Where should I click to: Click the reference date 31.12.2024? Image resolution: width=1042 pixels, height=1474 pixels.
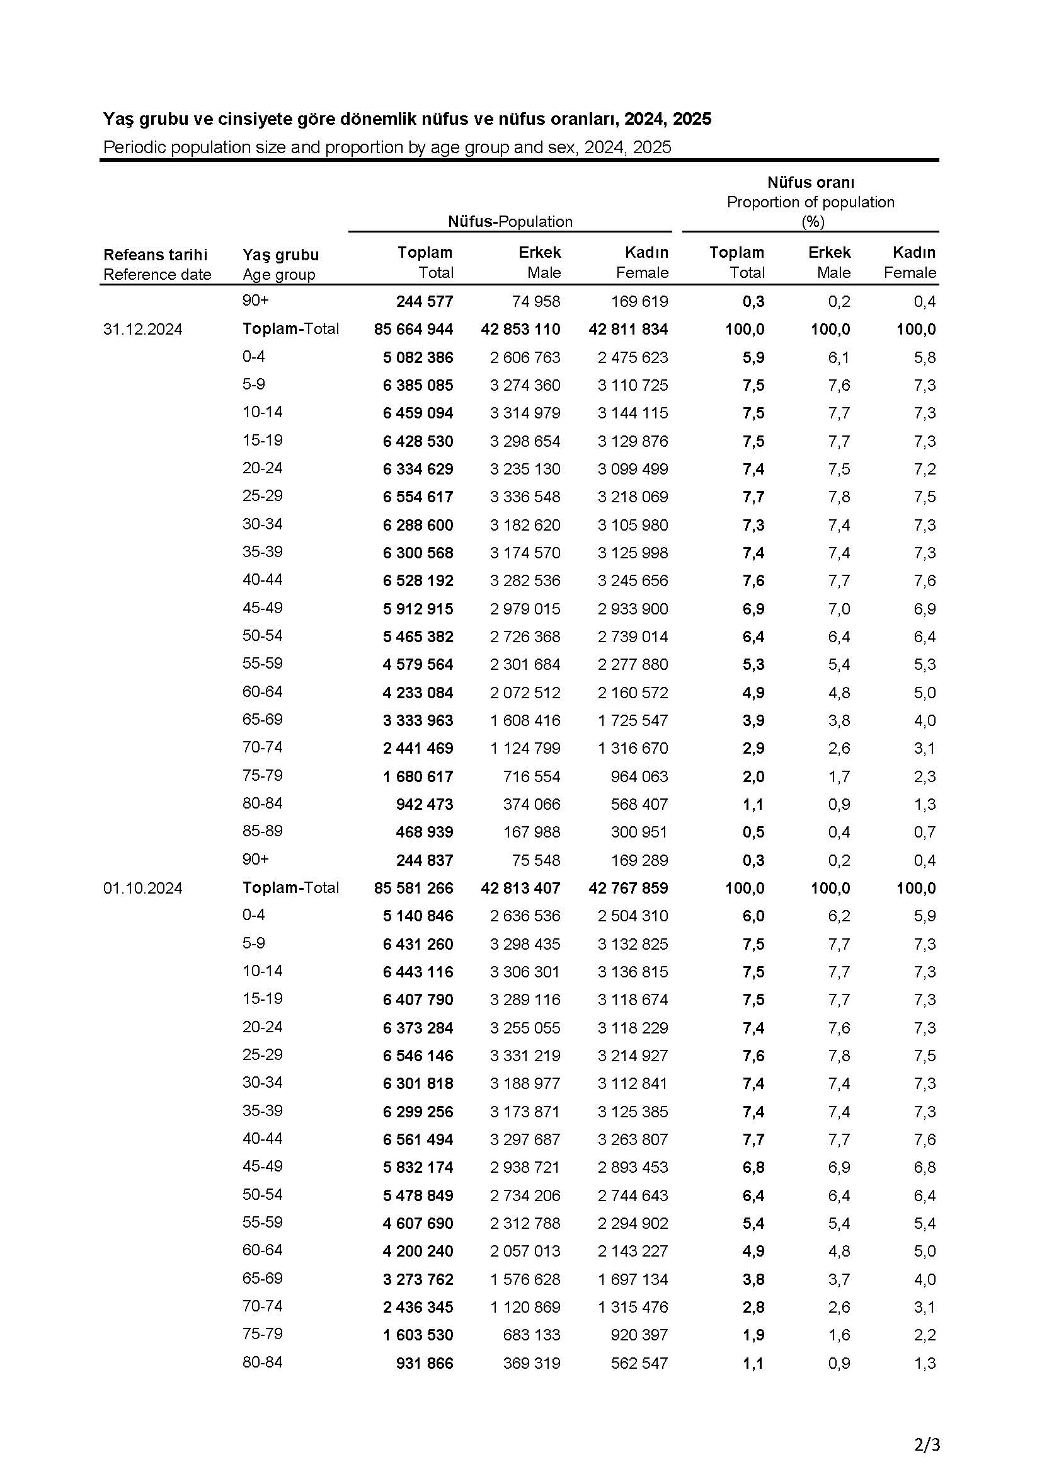pyautogui.click(x=142, y=330)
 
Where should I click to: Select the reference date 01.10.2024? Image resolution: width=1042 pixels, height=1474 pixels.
pyautogui.click(x=142, y=888)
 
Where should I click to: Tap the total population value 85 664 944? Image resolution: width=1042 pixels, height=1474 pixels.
pyautogui.click(x=413, y=330)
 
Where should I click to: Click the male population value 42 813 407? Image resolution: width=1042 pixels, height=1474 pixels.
pyautogui.click(x=520, y=888)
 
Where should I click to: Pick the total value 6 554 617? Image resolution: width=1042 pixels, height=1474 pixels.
pyautogui.click(x=418, y=497)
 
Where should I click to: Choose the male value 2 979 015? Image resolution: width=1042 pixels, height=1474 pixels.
pyautogui.click(x=525, y=609)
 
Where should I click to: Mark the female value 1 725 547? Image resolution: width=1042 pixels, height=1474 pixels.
pyautogui.click(x=633, y=720)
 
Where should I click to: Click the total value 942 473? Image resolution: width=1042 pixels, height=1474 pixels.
pyautogui.click(x=424, y=804)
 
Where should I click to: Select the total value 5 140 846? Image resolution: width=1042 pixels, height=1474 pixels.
pyautogui.click(x=418, y=916)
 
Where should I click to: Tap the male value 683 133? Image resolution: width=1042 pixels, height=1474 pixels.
pyautogui.click(x=531, y=1335)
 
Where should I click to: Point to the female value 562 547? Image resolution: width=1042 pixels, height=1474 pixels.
pyautogui.click(x=639, y=1363)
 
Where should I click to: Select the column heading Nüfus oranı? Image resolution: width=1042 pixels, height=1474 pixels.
pyautogui.click(x=810, y=182)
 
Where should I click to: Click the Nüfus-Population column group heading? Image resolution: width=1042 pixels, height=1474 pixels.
pyautogui.click(x=510, y=221)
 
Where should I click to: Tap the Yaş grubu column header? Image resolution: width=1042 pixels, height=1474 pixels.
pyautogui.click(x=280, y=255)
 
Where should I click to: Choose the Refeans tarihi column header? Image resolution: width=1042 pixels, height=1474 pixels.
pyautogui.click(x=155, y=255)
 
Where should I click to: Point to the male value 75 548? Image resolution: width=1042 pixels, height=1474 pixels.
pyautogui.click(x=535, y=860)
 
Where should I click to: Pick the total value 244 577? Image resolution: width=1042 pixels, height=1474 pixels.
pyautogui.click(x=424, y=301)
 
